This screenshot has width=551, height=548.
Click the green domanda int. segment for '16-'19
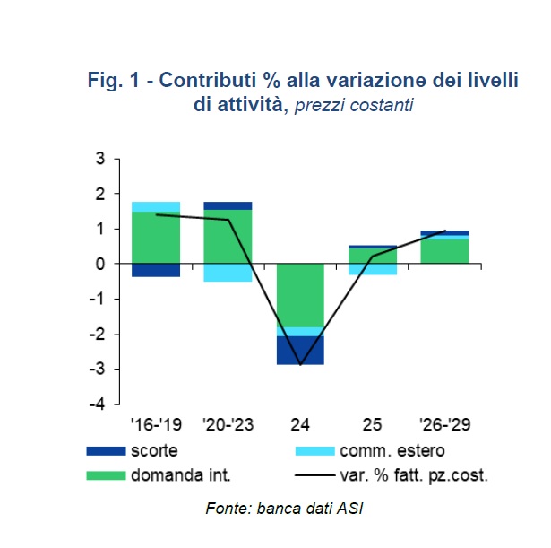pos(156,238)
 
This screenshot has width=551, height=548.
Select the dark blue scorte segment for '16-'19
pos(156,270)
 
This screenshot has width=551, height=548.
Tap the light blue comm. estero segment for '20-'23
pos(228,273)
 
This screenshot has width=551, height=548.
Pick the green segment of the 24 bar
pos(300,295)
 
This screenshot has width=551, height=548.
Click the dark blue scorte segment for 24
pos(300,350)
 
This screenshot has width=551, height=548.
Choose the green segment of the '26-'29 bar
pos(444,251)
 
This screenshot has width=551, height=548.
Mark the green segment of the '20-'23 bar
pos(228,237)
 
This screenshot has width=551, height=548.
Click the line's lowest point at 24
pos(300,364)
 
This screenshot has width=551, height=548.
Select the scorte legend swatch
pos(106,450)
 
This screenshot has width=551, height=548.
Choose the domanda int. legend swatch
pos(106,474)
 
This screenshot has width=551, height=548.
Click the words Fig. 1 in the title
pos(116,81)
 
